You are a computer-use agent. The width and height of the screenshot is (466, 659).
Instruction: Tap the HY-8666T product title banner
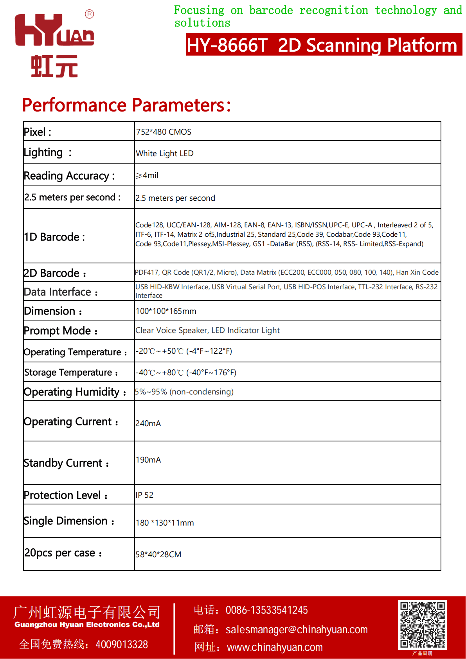[x=324, y=45]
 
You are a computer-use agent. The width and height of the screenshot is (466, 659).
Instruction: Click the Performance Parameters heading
[x=126, y=105]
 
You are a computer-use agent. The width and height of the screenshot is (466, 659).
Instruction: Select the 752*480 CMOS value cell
[x=164, y=132]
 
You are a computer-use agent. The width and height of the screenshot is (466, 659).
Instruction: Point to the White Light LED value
[x=165, y=153]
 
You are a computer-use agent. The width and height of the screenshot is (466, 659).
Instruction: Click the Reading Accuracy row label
[x=69, y=176]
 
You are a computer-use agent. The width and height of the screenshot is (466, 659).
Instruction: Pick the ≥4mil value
[x=147, y=175]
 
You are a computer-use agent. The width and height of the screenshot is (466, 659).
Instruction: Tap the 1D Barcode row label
[x=54, y=237]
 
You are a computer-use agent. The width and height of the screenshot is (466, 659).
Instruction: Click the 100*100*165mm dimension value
[x=166, y=311]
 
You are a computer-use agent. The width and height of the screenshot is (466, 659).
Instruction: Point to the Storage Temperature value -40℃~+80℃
[x=186, y=373]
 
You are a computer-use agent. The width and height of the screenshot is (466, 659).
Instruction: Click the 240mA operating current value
[x=148, y=423]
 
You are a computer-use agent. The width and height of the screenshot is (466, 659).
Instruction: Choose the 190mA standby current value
[x=148, y=460]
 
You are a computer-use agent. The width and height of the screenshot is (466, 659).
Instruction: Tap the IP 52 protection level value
[x=144, y=495]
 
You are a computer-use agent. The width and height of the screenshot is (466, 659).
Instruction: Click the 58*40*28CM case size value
[x=158, y=555]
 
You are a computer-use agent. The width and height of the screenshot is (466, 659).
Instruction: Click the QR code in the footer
[x=422, y=625]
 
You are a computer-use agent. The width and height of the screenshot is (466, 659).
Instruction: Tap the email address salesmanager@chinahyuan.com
[x=297, y=629]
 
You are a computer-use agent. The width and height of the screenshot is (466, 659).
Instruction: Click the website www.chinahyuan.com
[x=275, y=647]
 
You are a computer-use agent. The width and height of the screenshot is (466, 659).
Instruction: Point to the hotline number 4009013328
[x=122, y=644]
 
